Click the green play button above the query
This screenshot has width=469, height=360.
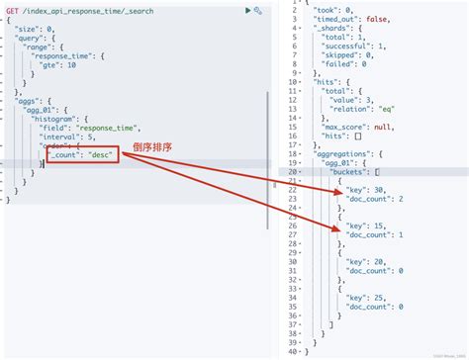[x=247, y=10]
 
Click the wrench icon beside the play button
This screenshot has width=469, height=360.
[x=258, y=10]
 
